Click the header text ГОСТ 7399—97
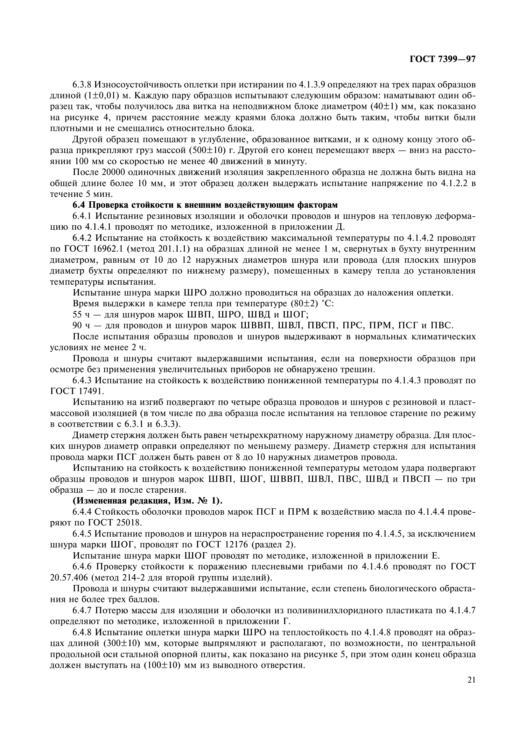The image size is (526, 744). coord(442,59)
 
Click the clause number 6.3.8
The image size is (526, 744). coord(82,85)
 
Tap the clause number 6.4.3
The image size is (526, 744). coord(82,380)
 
